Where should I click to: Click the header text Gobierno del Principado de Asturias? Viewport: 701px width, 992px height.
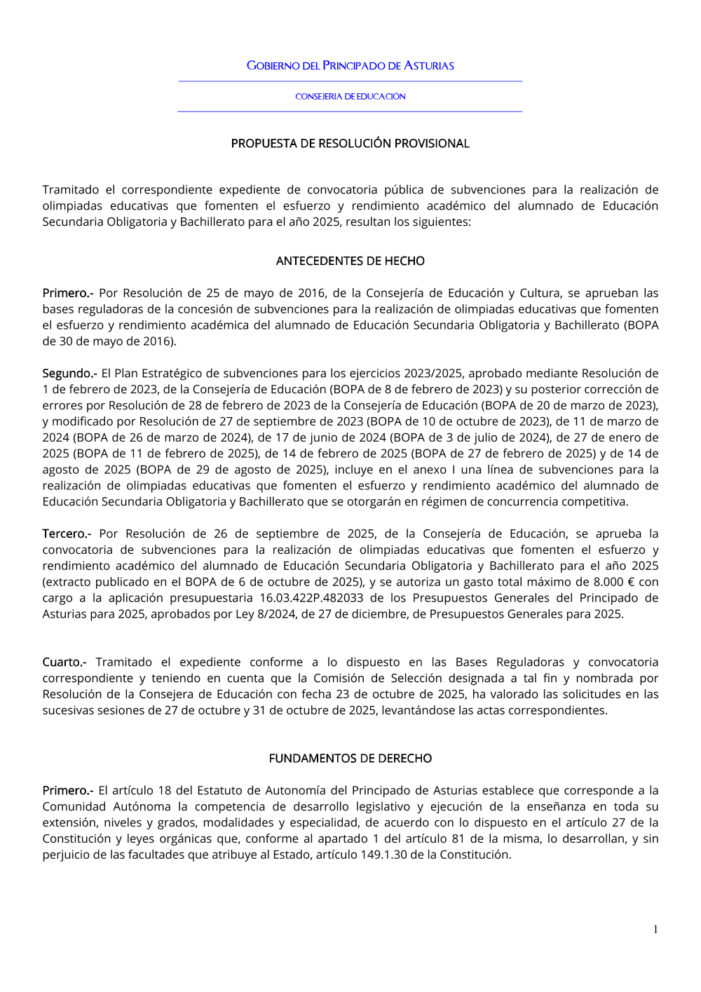(350, 66)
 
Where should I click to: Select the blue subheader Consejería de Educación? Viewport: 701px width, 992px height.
(350, 97)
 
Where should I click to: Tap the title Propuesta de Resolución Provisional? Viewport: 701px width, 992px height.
(350, 144)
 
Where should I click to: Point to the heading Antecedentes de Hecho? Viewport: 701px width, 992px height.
(350, 261)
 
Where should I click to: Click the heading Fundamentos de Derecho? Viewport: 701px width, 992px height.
(350, 759)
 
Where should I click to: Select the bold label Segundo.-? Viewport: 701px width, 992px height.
(69, 374)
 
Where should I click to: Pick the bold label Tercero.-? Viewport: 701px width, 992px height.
(67, 534)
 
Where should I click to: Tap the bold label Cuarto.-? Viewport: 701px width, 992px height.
(64, 663)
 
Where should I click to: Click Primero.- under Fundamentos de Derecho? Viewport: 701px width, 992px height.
(67, 791)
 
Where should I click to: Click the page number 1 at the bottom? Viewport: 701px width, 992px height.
(655, 930)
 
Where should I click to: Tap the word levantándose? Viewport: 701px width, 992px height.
(418, 711)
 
